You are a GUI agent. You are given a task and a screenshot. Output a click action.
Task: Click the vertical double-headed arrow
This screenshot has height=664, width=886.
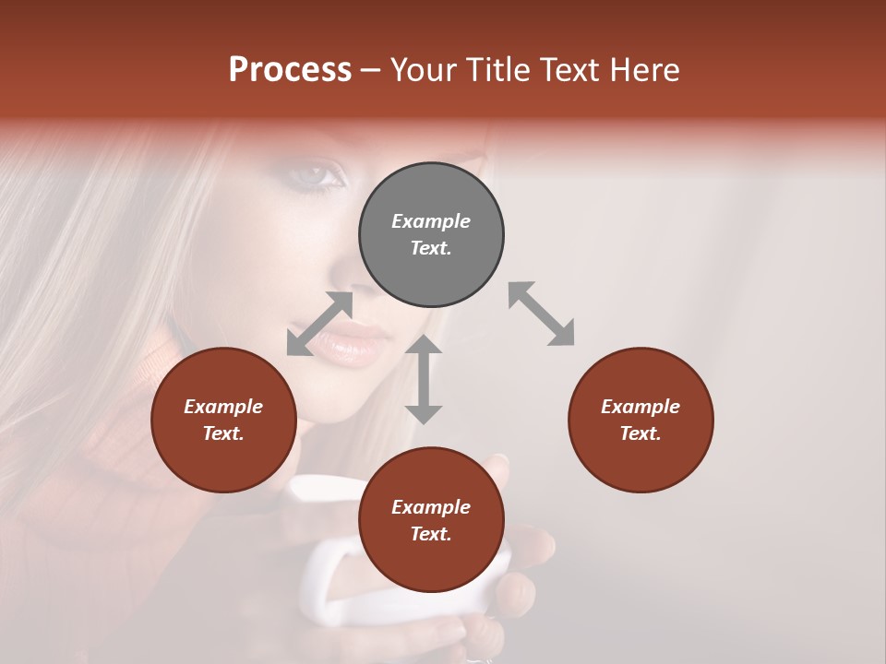(x=424, y=380)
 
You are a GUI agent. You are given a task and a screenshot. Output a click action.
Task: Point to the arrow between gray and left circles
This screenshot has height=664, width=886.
(x=320, y=324)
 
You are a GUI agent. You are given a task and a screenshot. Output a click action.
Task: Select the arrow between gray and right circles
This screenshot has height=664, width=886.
(x=541, y=314)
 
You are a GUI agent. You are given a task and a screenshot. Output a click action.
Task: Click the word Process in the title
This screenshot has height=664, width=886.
(x=290, y=70)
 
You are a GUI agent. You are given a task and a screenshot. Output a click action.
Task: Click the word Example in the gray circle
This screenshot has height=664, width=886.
(x=431, y=221)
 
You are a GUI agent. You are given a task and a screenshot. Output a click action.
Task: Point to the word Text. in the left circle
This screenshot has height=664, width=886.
(x=223, y=433)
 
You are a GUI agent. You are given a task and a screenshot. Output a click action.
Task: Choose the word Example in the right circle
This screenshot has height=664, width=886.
(x=641, y=407)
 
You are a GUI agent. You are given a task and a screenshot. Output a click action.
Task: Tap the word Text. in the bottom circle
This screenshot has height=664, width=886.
(x=431, y=534)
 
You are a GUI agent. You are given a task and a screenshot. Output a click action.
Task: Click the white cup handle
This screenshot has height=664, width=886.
(x=325, y=590)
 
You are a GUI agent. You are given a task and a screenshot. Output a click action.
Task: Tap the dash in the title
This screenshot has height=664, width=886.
(x=371, y=70)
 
